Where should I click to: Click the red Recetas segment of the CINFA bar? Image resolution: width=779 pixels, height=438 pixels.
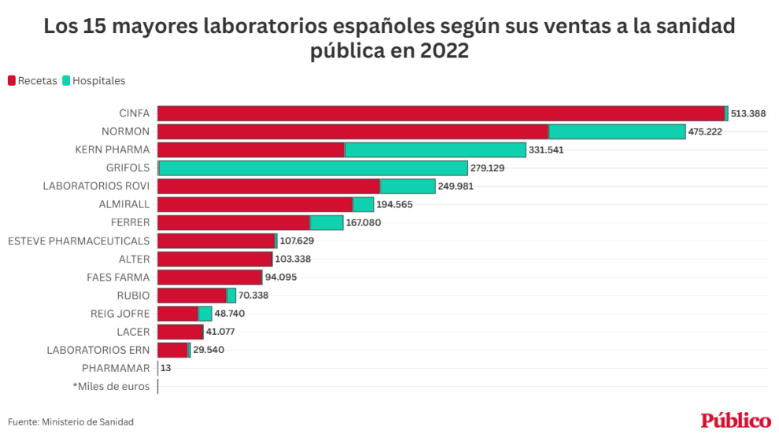(441, 113)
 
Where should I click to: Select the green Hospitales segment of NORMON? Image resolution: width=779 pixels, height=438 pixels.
(617, 131)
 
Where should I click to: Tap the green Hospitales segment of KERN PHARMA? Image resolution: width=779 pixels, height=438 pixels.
(435, 149)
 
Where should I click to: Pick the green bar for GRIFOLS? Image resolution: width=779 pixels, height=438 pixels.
(313, 168)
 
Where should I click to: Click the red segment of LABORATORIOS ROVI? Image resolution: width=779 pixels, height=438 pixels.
(268, 186)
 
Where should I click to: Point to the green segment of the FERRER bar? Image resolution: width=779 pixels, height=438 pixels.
(327, 223)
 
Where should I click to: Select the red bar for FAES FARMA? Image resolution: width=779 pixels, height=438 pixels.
(209, 277)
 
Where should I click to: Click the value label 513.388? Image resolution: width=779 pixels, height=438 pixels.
(748, 113)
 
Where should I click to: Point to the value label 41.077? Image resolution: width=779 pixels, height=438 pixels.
(223, 332)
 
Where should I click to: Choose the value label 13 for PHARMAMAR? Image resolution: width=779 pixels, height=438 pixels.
(165, 368)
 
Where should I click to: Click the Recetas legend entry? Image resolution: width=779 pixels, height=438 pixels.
(32, 80)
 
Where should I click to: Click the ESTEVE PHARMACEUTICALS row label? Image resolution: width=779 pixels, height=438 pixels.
(78, 241)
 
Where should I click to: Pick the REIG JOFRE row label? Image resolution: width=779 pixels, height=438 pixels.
(120, 313)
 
